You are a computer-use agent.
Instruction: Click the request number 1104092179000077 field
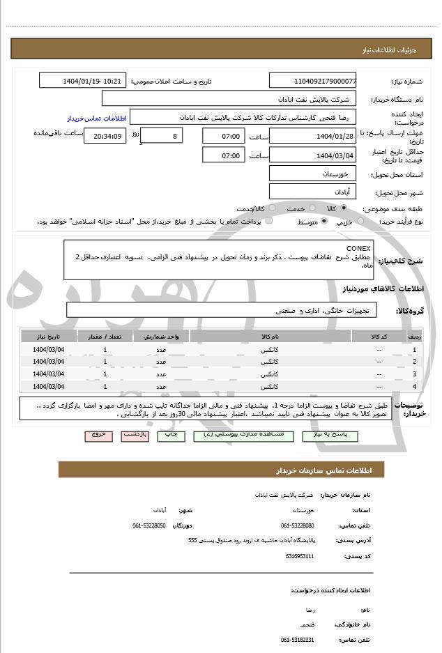pos(313,81)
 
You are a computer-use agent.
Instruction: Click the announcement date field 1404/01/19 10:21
pos(83,81)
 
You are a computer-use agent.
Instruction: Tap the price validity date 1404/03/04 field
pos(313,155)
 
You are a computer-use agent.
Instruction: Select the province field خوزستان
pos(313,174)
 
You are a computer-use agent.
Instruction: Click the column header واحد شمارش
pos(161,336)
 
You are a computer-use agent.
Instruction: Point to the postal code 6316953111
pos(300,556)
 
